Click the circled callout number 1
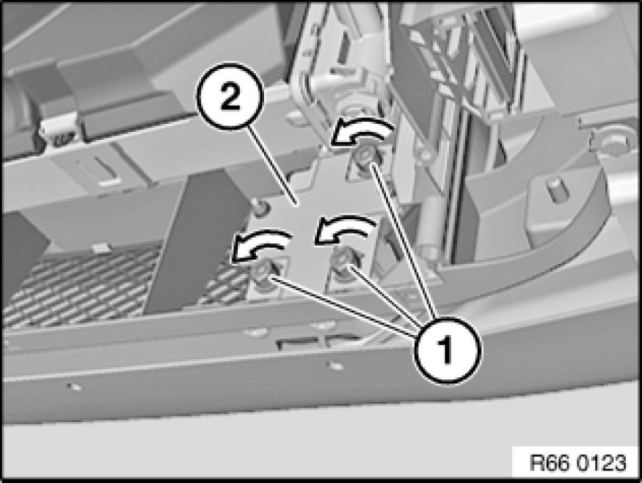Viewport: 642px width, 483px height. [x=447, y=350]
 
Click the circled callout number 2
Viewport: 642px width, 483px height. [x=230, y=97]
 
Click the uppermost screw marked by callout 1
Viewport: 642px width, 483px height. [x=364, y=158]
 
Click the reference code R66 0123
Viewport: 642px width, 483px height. [x=577, y=463]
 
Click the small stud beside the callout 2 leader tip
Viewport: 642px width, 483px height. [x=260, y=207]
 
